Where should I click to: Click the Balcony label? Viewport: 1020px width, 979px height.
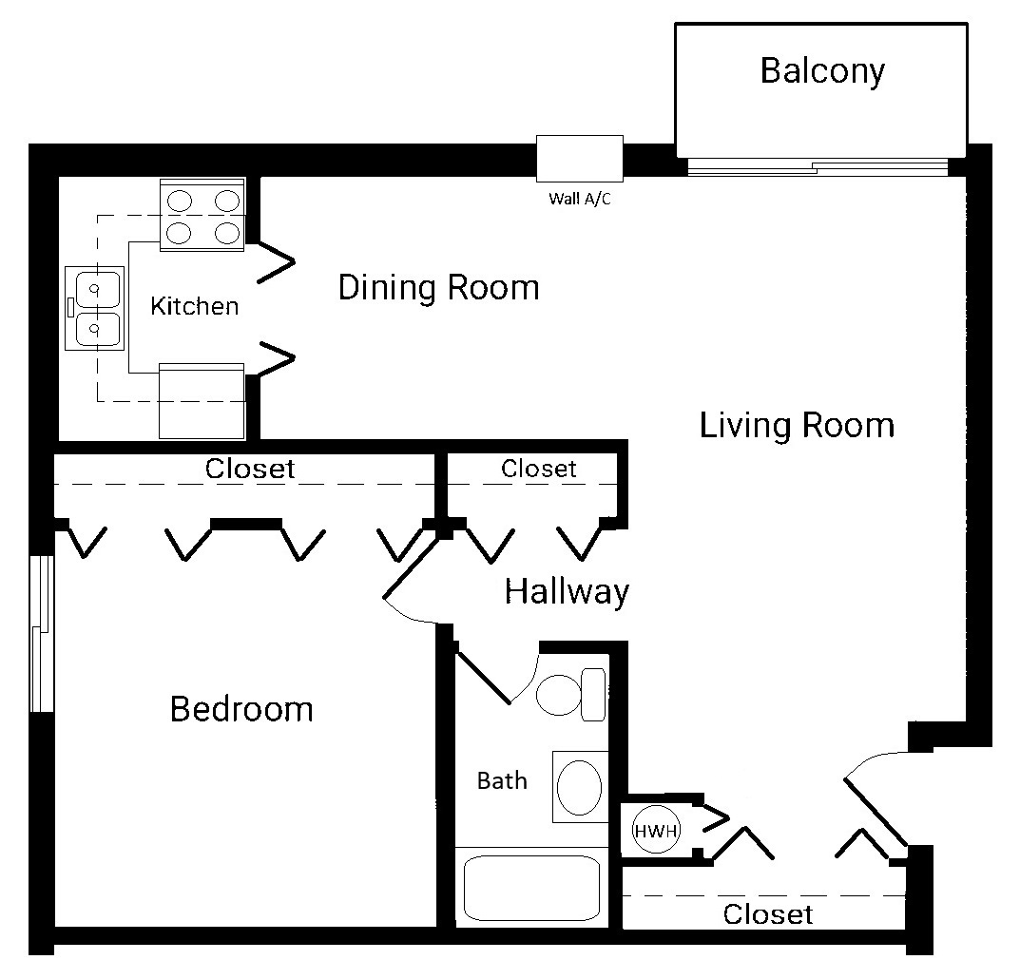point(822,71)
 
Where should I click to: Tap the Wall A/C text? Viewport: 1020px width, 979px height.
point(580,199)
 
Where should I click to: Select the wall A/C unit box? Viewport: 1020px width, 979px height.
point(580,158)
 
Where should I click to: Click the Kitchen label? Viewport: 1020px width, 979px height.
point(195,306)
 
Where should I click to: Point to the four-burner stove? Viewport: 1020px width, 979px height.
point(202,215)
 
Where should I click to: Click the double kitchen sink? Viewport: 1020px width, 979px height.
point(95,308)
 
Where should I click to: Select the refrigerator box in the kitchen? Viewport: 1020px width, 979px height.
point(202,401)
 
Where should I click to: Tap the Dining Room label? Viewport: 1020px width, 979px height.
point(438,287)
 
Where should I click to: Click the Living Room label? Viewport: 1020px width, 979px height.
point(797,426)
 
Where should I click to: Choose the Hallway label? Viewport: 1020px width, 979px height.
point(567,592)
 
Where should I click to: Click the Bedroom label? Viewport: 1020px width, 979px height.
point(241,709)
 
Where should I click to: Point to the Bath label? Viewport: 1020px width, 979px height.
point(502,780)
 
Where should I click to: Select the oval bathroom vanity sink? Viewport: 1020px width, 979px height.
point(580,787)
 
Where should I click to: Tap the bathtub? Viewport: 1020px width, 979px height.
point(531,888)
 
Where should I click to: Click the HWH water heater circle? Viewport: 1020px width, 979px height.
point(656,831)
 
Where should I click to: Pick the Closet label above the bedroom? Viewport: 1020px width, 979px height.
point(250,469)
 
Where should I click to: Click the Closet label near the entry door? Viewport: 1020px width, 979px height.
point(767,914)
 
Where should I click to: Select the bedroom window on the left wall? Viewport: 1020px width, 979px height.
point(42,634)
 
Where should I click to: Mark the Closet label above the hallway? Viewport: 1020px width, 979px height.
point(539,469)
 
